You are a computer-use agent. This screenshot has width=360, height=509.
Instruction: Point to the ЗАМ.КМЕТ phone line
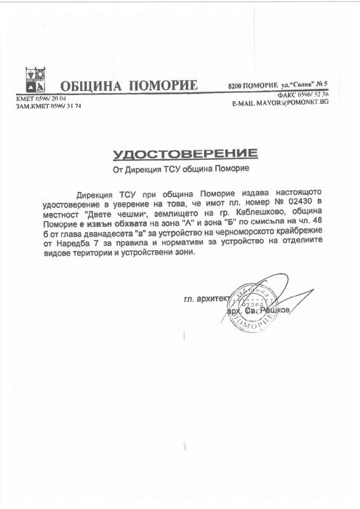[x=41, y=106]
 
